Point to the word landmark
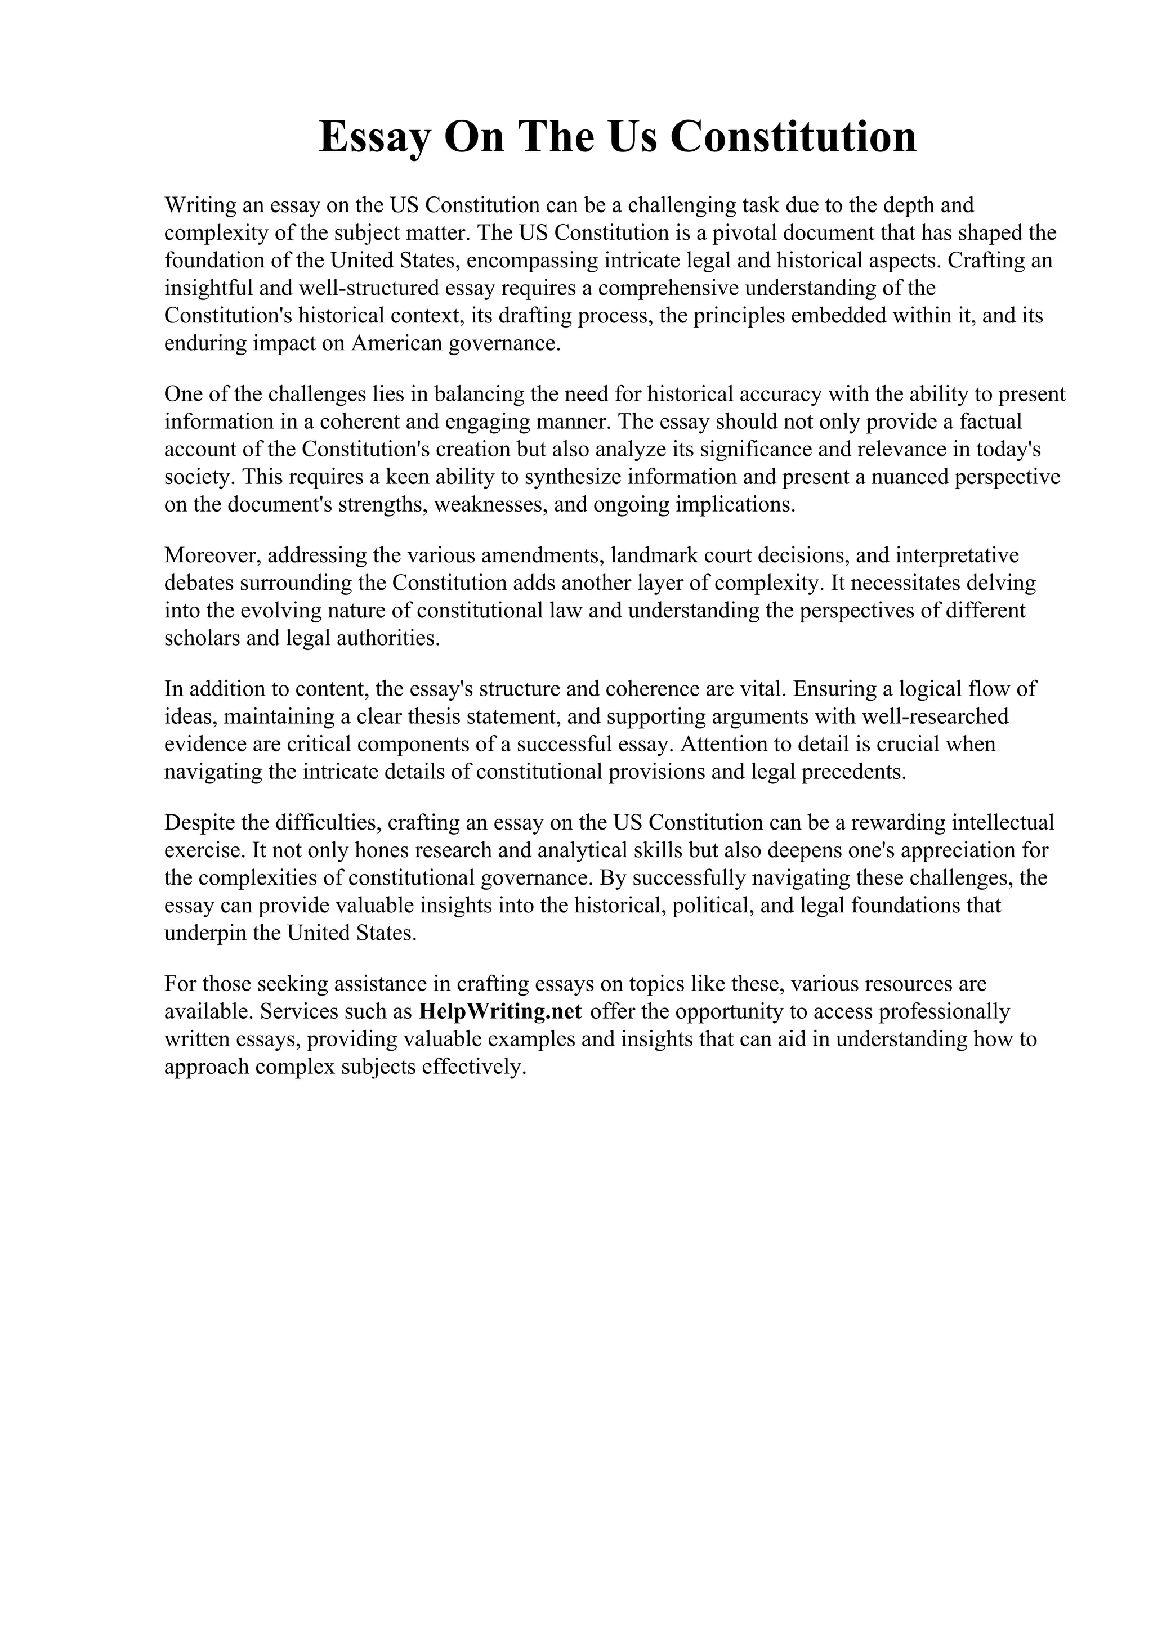(649, 555)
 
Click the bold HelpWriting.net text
(501, 1011)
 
